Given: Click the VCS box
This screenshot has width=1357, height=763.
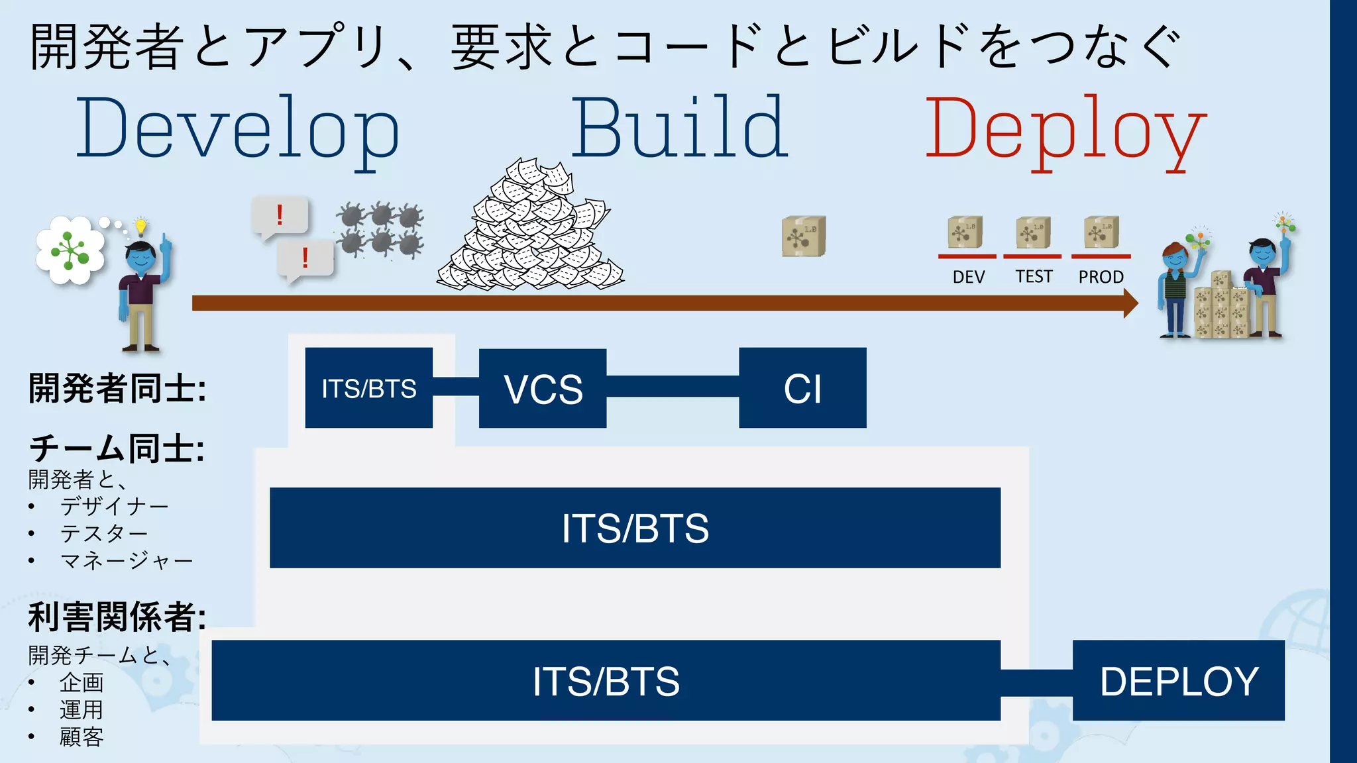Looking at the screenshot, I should [x=543, y=388].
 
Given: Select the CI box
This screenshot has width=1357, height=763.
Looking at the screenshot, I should [x=802, y=388].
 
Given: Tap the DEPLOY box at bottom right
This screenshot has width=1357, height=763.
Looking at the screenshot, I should [x=1178, y=680].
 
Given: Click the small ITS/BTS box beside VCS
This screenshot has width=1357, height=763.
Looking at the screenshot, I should [x=368, y=388].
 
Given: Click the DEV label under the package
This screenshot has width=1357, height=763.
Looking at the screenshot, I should [x=968, y=277].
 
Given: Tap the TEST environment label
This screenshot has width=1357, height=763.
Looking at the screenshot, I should [x=1034, y=277].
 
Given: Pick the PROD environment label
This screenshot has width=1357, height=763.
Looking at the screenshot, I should [x=1101, y=277].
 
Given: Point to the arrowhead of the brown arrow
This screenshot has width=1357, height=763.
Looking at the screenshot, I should [x=1130, y=303].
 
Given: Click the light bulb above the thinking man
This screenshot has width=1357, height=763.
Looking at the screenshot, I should [x=140, y=227].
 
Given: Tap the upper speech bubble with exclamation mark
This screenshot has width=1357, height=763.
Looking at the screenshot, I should [x=280, y=216].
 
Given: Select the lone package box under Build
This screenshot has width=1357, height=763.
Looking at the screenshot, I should [x=804, y=236].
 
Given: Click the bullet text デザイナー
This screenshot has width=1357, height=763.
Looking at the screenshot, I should [x=114, y=507].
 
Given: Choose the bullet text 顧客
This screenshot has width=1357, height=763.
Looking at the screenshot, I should [x=81, y=737].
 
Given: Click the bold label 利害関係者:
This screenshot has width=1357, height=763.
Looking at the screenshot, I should [x=117, y=617].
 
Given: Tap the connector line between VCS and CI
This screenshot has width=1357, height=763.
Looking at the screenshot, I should [x=673, y=387].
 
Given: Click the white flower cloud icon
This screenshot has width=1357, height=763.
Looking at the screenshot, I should [x=70, y=250].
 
